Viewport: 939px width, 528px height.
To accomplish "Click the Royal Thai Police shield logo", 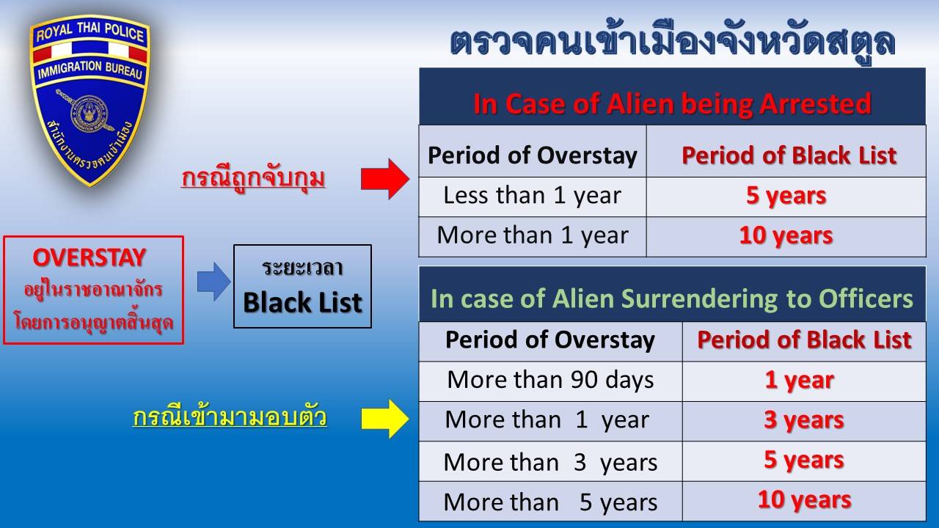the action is coord(89,100).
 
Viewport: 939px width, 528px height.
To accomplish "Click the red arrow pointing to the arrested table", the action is coord(385,178).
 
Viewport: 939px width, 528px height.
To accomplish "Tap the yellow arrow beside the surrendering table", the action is coord(385,419).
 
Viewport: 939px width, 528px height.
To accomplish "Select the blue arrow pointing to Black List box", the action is coord(213,282).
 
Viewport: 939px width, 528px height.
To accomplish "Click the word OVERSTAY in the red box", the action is coord(89,257).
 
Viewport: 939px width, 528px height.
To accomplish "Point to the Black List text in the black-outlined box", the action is coord(302,303).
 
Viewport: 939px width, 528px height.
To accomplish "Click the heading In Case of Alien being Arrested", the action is coord(672,104).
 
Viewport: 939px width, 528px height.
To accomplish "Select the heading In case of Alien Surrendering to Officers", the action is coord(672,298).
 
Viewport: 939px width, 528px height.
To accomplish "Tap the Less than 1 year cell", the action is coord(533,196).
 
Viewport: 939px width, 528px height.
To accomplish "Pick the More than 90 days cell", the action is coord(551,381).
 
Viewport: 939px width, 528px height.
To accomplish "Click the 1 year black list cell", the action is coord(804,381).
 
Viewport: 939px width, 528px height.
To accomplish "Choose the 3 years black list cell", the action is coord(804,420).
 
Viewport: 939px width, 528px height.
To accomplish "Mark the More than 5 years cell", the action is coord(551,502).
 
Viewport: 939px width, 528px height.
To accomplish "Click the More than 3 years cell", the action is coord(551,462).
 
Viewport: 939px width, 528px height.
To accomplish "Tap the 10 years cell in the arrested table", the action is coord(786,236).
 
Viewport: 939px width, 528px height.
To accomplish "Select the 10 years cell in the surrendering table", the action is coord(804,501).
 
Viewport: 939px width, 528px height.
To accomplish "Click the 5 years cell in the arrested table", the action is coord(786,196).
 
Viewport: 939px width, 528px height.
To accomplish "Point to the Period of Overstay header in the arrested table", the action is coord(533,155).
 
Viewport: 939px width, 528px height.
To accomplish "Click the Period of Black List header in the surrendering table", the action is coord(804,340).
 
